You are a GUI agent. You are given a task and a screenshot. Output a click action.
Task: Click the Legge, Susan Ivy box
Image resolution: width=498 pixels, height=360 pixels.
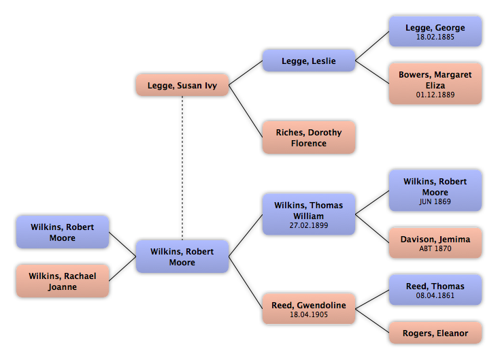pyautogui.click(x=182, y=86)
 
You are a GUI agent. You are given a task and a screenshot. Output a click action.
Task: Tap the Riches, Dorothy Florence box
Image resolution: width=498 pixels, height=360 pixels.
pyautogui.click(x=309, y=138)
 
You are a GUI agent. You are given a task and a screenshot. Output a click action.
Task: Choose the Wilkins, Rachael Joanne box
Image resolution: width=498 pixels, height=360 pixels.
pyautogui.click(x=63, y=282)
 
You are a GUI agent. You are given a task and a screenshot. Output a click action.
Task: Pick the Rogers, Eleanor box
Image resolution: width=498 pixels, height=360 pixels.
pyautogui.click(x=435, y=333)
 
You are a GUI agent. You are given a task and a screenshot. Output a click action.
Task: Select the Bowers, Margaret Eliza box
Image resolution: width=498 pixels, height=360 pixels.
pyautogui.click(x=435, y=84)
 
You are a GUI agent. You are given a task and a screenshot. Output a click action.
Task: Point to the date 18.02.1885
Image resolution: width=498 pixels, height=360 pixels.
pyautogui.click(x=435, y=37)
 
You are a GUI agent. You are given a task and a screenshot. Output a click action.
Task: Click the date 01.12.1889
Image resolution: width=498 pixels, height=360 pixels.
pyautogui.click(x=435, y=96)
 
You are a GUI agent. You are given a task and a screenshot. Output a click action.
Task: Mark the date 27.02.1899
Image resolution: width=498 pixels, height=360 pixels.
pyautogui.click(x=309, y=225)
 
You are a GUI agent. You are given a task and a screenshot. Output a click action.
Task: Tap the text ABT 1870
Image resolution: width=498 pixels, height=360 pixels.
pyautogui.click(x=435, y=249)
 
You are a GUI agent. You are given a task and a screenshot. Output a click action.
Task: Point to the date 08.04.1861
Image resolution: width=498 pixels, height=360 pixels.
pyautogui.click(x=435, y=296)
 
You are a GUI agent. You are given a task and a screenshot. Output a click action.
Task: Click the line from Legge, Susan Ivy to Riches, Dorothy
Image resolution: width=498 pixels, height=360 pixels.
pyautogui.click(x=246, y=111)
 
